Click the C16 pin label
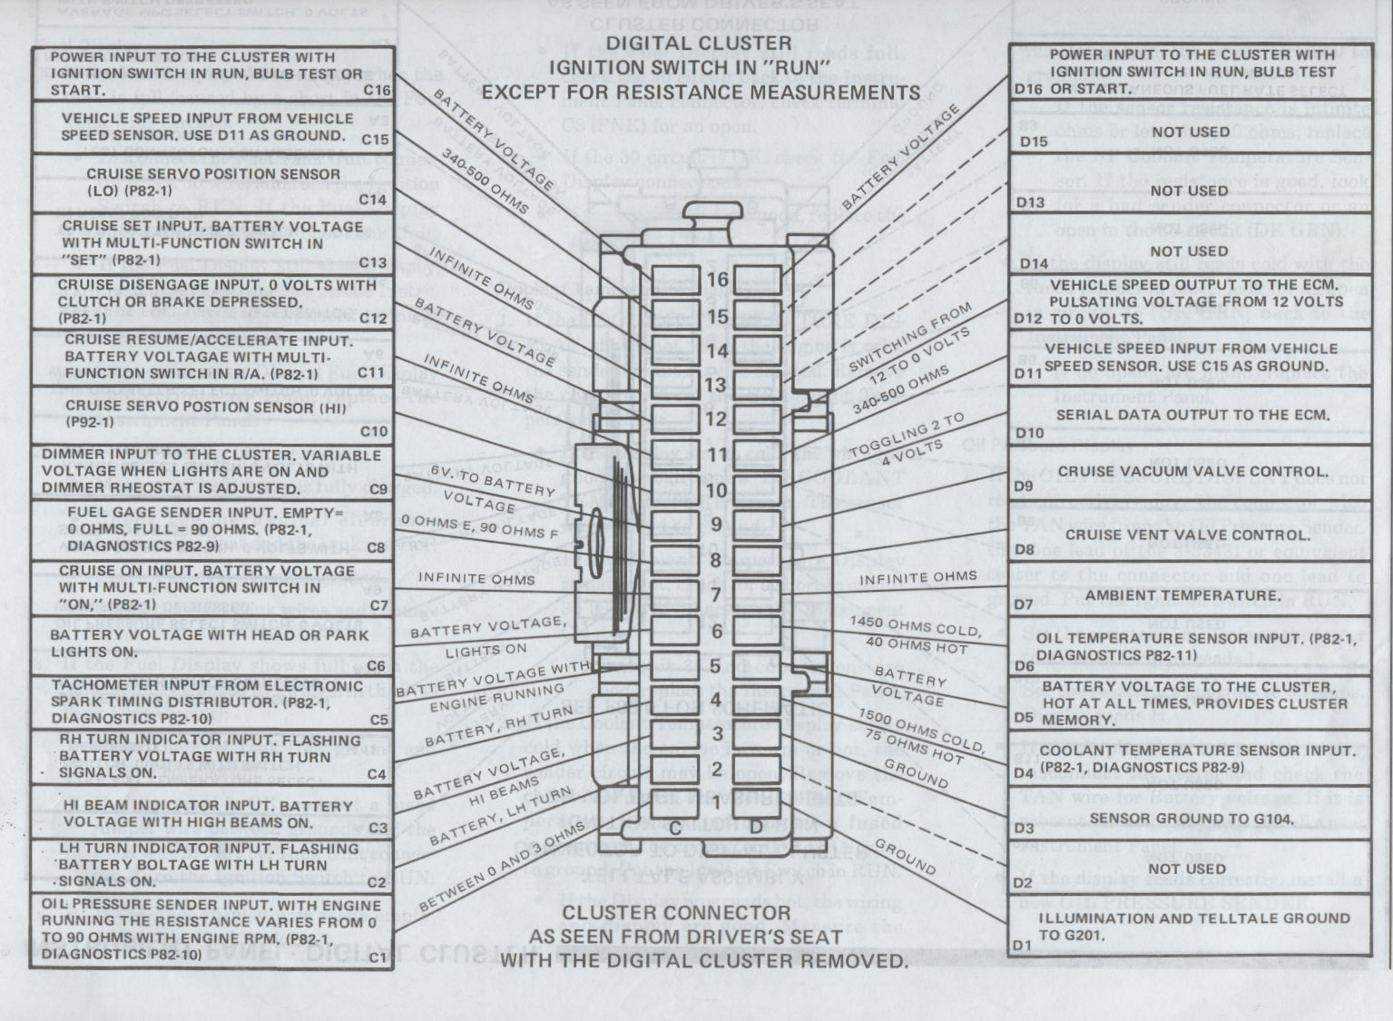pos(376,90)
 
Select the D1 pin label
pos(1023,945)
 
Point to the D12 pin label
pos(1028,319)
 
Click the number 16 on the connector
pos(718,280)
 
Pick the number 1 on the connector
pos(717,803)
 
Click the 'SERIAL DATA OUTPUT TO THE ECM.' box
pos(1192,415)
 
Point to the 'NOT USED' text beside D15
pos(1189,132)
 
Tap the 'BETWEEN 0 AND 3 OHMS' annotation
pos(502,868)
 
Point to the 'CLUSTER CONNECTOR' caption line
pos(676,913)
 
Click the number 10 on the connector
pos(718,490)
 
